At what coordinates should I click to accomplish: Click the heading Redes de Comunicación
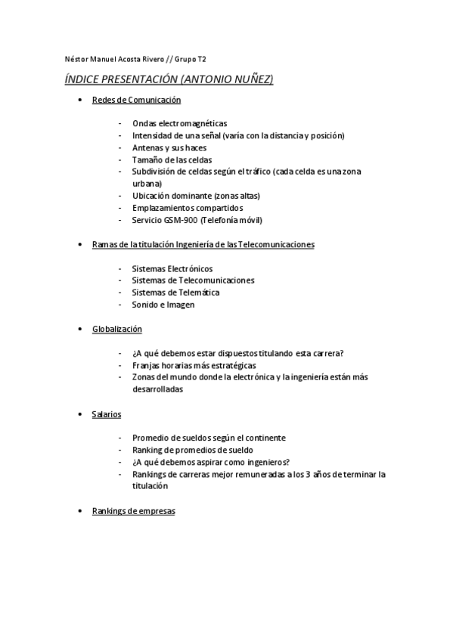point(136,100)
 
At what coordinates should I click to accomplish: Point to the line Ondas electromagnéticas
point(179,123)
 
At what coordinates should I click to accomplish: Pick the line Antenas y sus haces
point(169,147)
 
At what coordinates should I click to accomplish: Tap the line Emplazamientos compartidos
point(188,208)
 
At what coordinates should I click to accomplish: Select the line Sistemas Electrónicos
point(172,268)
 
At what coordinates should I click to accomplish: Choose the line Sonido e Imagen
point(163,305)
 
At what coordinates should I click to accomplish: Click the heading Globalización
point(116,330)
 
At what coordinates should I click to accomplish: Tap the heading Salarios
point(107,414)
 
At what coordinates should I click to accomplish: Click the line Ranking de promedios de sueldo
point(191,450)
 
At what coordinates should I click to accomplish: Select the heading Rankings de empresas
point(133,511)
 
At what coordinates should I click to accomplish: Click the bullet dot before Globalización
point(81,330)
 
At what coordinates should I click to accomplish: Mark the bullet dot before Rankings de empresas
point(81,511)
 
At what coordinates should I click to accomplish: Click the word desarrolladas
point(157,389)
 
